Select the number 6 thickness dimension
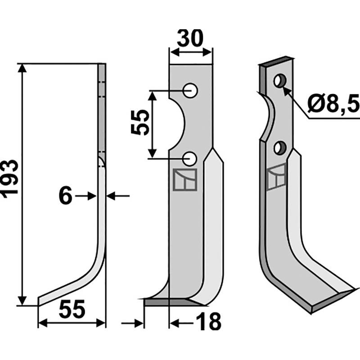[66, 196]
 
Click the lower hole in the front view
[191, 158]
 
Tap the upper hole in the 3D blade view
[280, 81]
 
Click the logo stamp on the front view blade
[184, 180]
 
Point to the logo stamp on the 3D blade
[276, 177]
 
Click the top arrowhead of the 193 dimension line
[22, 67]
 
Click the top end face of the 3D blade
[276, 63]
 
